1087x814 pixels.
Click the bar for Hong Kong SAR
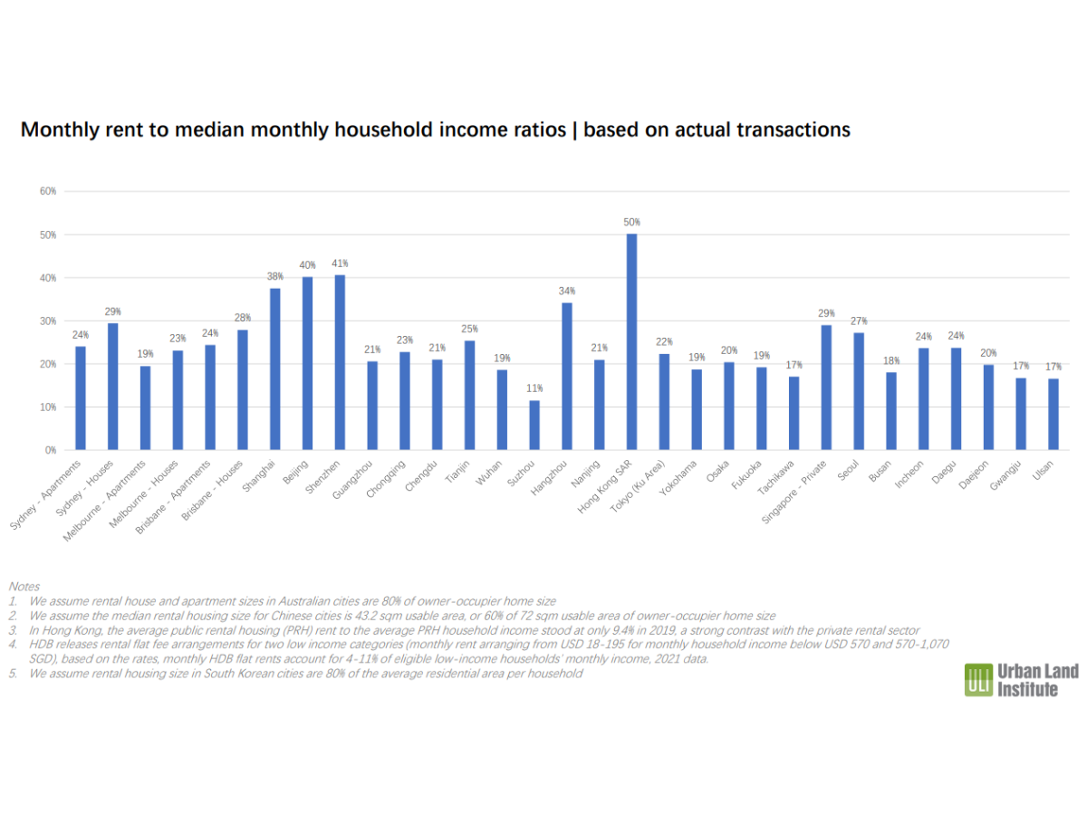coord(631,341)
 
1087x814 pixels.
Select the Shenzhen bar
coord(340,362)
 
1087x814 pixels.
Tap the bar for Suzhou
coord(534,425)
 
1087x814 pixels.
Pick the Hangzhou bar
coord(567,376)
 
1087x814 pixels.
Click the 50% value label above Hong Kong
coord(631,222)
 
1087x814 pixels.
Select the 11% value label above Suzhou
coord(534,388)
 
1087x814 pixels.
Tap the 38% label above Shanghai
coord(274,275)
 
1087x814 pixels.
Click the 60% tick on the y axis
coord(48,191)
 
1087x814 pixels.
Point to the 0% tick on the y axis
coord(51,450)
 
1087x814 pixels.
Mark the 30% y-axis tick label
coord(48,321)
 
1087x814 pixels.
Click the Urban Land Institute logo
coord(1021,680)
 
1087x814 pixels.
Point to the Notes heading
coord(24,587)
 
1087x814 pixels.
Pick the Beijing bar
coord(307,363)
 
